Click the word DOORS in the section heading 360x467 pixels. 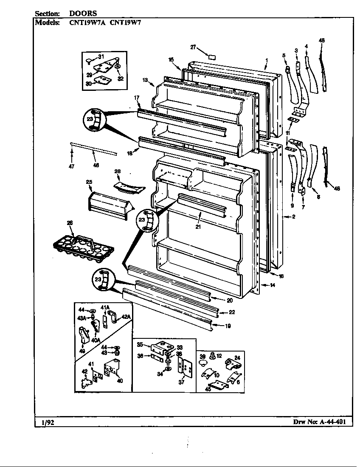(83, 14)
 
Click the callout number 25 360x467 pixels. (89, 182)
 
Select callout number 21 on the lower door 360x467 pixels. (198, 227)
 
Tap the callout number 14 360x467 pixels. (272, 285)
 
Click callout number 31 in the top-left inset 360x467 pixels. (101, 56)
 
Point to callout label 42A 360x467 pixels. (126, 316)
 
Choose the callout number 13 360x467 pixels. (145, 80)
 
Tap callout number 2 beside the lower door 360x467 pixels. (292, 217)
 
